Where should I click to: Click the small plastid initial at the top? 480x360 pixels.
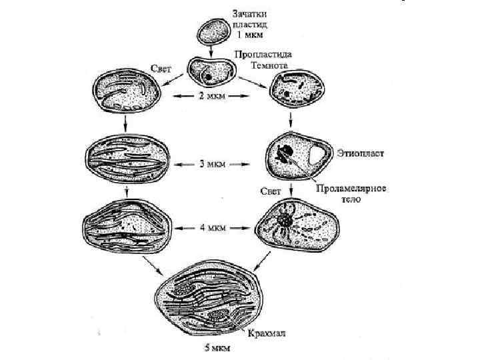click(x=212, y=29)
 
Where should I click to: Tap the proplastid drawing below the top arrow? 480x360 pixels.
click(x=210, y=71)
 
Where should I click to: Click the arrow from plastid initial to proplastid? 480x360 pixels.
click(x=212, y=49)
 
